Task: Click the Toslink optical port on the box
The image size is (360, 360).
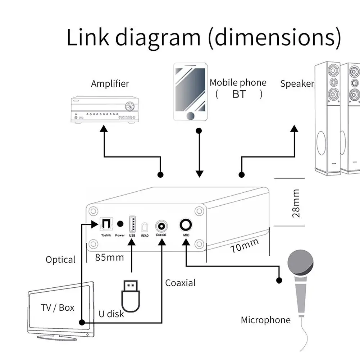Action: tap(106, 224)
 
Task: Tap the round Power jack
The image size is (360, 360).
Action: tap(120, 224)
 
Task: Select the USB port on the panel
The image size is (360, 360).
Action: tap(132, 224)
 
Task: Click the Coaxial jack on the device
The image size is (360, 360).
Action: tap(161, 226)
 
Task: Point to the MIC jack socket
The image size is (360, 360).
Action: tap(186, 225)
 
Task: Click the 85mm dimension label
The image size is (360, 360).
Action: tap(110, 258)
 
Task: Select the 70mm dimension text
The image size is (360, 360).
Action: tap(245, 245)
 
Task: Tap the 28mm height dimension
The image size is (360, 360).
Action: tap(296, 203)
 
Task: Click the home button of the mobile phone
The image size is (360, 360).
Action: tap(190, 116)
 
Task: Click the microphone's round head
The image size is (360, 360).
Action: tap(300, 263)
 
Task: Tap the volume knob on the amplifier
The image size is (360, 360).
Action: tap(130, 106)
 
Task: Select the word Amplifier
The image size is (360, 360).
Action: tap(110, 83)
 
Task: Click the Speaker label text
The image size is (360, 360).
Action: tap(297, 83)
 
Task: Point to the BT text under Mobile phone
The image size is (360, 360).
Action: tap(239, 94)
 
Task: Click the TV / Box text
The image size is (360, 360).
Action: tap(58, 307)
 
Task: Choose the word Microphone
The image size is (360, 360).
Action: tap(266, 320)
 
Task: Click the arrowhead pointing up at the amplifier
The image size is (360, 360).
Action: tap(104, 128)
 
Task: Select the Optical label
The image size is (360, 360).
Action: tap(60, 260)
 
